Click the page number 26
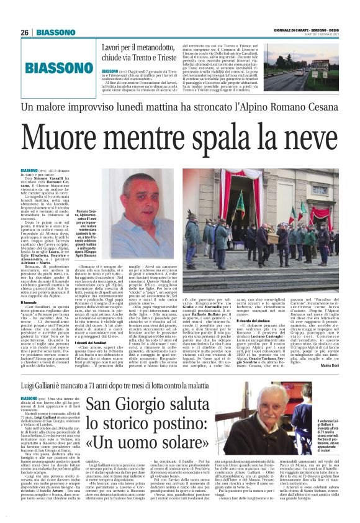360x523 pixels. (25, 32)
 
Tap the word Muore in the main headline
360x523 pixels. (69, 141)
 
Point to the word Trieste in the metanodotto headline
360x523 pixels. (158, 56)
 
